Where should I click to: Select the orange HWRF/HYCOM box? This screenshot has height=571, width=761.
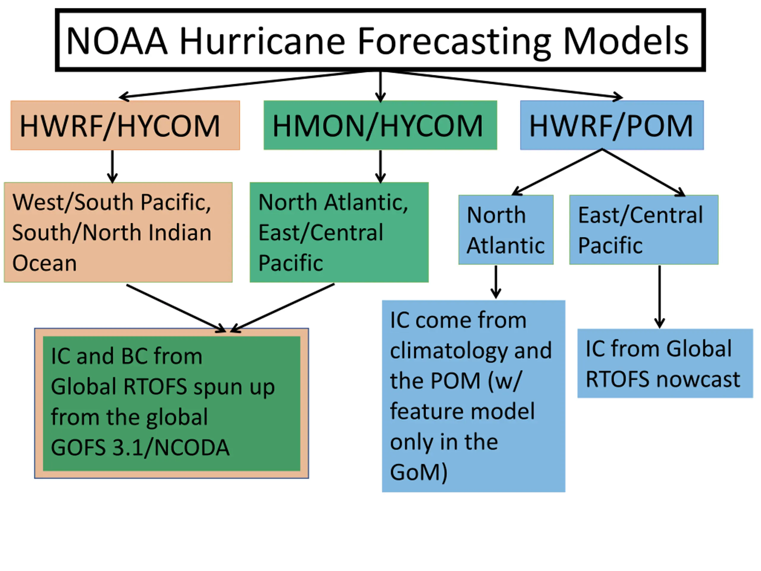(x=125, y=125)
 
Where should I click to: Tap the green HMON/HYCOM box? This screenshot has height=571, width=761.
(x=380, y=125)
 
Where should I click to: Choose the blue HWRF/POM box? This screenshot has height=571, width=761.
(x=612, y=125)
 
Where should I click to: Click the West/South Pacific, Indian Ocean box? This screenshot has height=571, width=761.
(x=118, y=232)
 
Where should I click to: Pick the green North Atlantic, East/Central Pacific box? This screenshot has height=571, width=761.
(x=339, y=232)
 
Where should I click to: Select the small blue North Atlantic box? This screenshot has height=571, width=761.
(x=506, y=230)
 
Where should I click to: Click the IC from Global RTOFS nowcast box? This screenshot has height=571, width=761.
(x=665, y=363)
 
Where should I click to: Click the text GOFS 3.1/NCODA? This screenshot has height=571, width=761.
(x=140, y=448)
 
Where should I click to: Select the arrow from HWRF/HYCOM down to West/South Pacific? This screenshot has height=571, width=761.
(x=112, y=166)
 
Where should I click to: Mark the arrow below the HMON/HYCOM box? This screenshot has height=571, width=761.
(x=380, y=166)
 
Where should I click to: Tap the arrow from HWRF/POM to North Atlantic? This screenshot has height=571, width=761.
(x=557, y=172)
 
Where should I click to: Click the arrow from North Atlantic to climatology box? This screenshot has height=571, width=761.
(x=496, y=282)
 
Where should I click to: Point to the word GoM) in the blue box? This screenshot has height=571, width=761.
(x=419, y=473)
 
